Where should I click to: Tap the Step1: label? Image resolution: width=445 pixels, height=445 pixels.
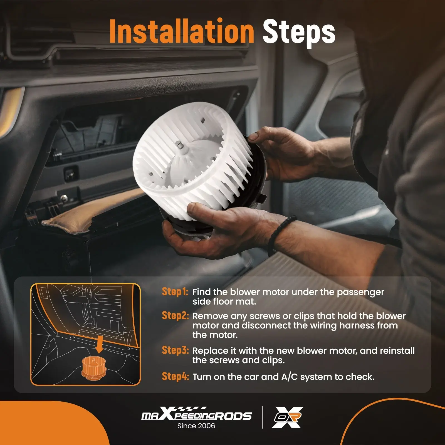pos(175,291)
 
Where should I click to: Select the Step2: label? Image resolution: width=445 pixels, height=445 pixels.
pos(175,315)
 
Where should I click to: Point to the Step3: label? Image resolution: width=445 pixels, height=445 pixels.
pos(175,350)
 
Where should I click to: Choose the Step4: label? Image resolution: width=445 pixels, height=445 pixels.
pos(175,376)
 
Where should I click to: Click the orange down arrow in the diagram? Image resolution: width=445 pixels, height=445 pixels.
pos(99,345)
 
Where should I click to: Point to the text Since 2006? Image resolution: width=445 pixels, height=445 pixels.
pos(196,426)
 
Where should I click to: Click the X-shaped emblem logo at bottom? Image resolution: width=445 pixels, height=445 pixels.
pos(288,417)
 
